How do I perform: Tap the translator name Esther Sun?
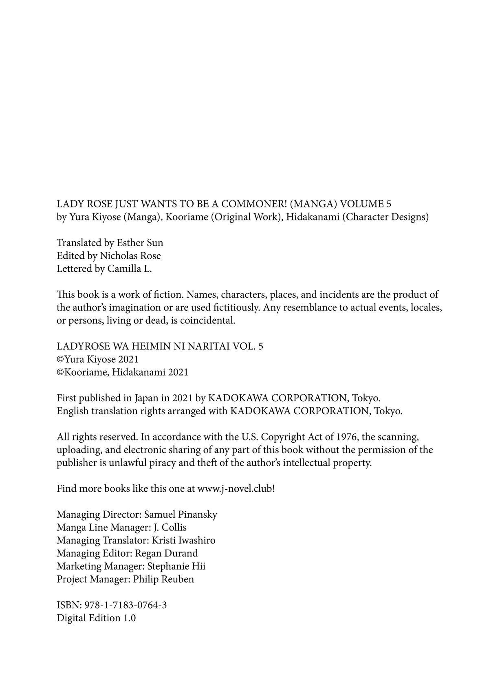pos(140,243)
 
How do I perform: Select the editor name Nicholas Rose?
pos(130,256)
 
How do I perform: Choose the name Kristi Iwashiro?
pos(183,541)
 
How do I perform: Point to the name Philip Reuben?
pos(163,579)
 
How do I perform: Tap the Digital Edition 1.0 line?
pos(96,618)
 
